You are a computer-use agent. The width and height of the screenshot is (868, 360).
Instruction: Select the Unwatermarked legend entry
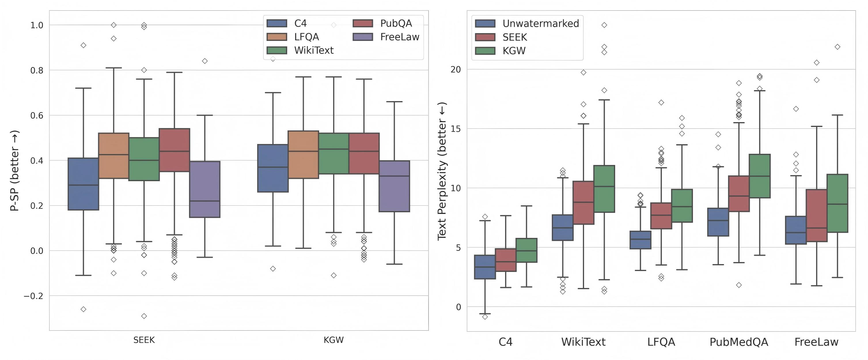(x=541, y=23)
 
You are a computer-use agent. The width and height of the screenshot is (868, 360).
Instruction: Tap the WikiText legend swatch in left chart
(x=277, y=50)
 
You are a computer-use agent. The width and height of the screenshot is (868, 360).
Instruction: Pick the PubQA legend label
(x=396, y=23)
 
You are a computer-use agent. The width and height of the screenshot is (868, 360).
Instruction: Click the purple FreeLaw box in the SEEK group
(x=205, y=189)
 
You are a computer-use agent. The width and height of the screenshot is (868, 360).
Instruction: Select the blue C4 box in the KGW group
(x=273, y=168)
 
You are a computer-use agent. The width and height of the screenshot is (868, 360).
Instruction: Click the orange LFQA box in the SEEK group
(x=113, y=156)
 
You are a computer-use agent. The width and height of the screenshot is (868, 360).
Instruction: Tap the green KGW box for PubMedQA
(x=759, y=176)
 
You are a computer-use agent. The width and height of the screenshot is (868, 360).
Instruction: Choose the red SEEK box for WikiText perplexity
(x=583, y=202)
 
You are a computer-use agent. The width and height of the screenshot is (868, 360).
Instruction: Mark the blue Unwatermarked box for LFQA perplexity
(x=640, y=240)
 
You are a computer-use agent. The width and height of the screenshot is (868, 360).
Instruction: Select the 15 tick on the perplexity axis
(x=456, y=129)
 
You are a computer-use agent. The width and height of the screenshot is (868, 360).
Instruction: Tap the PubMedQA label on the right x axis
(x=739, y=342)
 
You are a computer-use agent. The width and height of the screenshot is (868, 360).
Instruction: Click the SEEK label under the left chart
(x=144, y=340)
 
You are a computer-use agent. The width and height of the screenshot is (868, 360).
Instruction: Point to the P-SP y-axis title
(x=14, y=170)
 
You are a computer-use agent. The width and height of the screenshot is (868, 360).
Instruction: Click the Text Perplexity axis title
(x=442, y=170)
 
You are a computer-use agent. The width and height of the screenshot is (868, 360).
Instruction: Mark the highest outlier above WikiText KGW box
(x=604, y=25)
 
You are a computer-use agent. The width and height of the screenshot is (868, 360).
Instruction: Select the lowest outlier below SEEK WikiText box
(x=144, y=316)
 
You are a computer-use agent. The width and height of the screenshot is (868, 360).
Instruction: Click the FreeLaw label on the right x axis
(x=816, y=342)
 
